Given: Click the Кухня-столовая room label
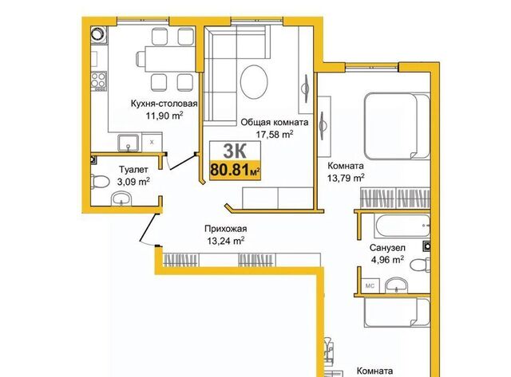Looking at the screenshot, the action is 164,104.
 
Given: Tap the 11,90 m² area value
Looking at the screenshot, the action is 164,116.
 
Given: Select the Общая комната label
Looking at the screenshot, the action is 275,122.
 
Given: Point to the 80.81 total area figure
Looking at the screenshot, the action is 229,170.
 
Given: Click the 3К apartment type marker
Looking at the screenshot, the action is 235,151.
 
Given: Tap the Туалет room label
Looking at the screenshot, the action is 133,170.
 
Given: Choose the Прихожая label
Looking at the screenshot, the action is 225,229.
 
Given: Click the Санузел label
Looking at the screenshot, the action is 387,248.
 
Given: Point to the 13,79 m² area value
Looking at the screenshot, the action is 346,178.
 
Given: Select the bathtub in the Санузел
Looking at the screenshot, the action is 402,226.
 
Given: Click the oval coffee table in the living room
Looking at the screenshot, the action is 254,81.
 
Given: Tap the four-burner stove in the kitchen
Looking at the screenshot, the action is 98,81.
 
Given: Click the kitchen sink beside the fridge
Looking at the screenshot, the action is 129,143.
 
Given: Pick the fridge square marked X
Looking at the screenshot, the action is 152,142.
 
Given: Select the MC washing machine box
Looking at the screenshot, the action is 370,285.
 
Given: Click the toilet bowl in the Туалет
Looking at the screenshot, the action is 101,182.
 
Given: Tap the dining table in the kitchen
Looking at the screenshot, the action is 166,59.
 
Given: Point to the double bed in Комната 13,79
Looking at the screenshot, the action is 397,126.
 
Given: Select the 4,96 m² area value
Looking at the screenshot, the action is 387,260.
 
